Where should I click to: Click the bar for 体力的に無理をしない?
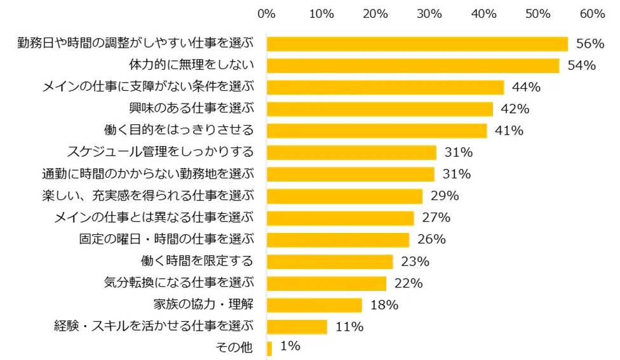point(413,65)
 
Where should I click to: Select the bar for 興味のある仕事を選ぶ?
point(380,109)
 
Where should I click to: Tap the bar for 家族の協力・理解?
point(314,305)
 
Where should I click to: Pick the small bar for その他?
point(269,348)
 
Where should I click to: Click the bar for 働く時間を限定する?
point(330,262)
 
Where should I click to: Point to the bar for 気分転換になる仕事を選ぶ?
point(327,283)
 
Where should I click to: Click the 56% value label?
point(590,44)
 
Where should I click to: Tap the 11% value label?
point(349,327)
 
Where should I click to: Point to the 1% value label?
point(290,347)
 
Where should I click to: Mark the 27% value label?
point(436,218)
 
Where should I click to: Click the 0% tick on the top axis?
point(267,13)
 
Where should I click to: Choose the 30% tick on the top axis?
point(429,13)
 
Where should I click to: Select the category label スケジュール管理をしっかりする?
point(160,152)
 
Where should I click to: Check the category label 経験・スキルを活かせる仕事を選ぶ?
point(154,326)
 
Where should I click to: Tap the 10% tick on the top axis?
point(321,13)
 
